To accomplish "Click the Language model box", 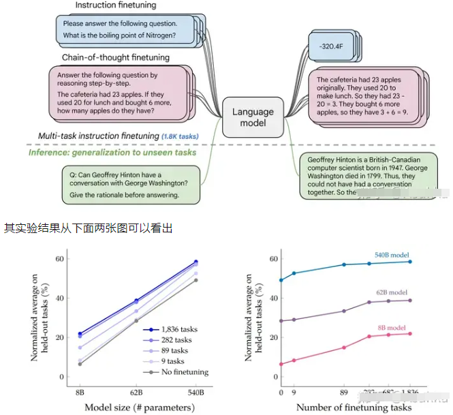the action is (x=253, y=117).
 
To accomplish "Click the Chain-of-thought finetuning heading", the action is (x=116, y=57).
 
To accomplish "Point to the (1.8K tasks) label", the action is (x=181, y=136).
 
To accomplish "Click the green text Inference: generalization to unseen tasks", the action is (x=112, y=152).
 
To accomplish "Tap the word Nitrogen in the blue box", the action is (x=158, y=35).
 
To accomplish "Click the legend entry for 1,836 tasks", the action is (x=180, y=328).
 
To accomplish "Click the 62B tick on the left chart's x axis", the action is (x=136, y=393).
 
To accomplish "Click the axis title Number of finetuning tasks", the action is (x=354, y=408).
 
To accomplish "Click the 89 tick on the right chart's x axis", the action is (x=344, y=393).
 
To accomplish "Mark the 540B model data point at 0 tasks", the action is (x=281, y=280).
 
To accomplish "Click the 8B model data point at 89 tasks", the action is (x=344, y=348).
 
